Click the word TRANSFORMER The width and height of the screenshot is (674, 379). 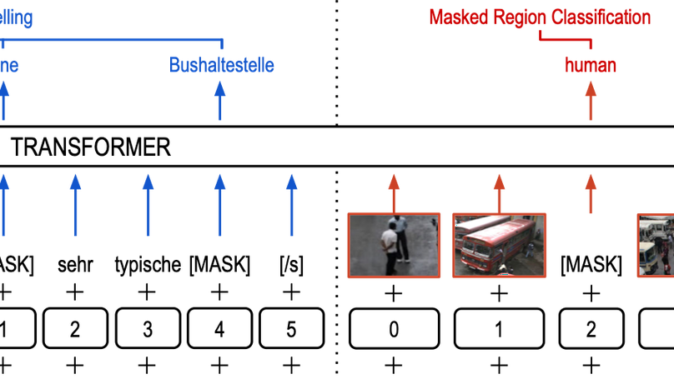tap(90, 148)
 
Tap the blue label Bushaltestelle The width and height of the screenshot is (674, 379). tap(221, 65)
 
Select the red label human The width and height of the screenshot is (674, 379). tap(590, 66)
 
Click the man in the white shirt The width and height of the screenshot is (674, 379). tap(390, 248)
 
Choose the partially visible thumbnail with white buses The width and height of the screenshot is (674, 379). tap(656, 245)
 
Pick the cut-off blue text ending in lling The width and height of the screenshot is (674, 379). tap(16, 18)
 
